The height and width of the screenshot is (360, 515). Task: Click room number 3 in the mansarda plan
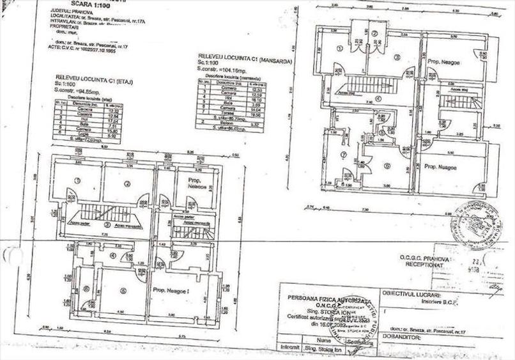397,58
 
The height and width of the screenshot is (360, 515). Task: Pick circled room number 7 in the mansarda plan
343,154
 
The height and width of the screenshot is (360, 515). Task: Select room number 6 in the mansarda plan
387,166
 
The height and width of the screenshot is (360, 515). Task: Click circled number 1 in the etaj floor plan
77,180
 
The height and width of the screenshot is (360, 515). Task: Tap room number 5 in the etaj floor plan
123,290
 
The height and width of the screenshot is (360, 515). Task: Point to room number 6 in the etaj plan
86,288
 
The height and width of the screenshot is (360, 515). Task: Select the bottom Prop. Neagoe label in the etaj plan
173,290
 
